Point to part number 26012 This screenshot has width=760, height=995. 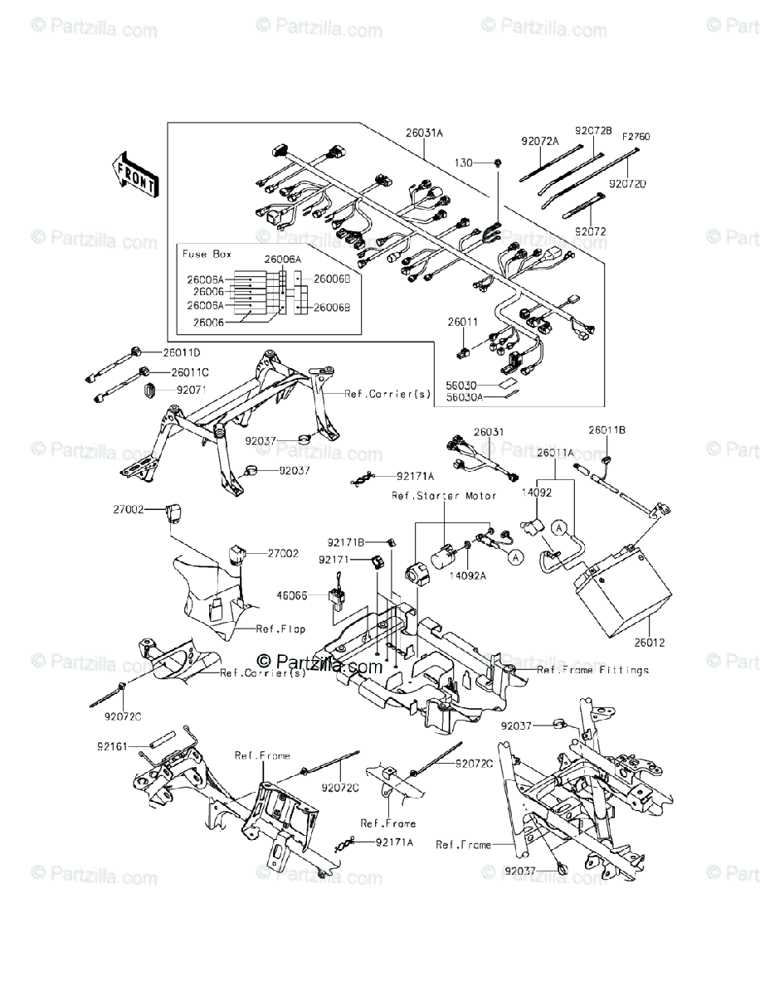click(x=651, y=643)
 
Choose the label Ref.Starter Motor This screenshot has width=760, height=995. click(x=444, y=496)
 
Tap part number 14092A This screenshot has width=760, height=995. click(x=466, y=574)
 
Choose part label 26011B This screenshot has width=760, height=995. click(x=607, y=430)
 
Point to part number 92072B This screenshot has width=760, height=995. click(x=593, y=131)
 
